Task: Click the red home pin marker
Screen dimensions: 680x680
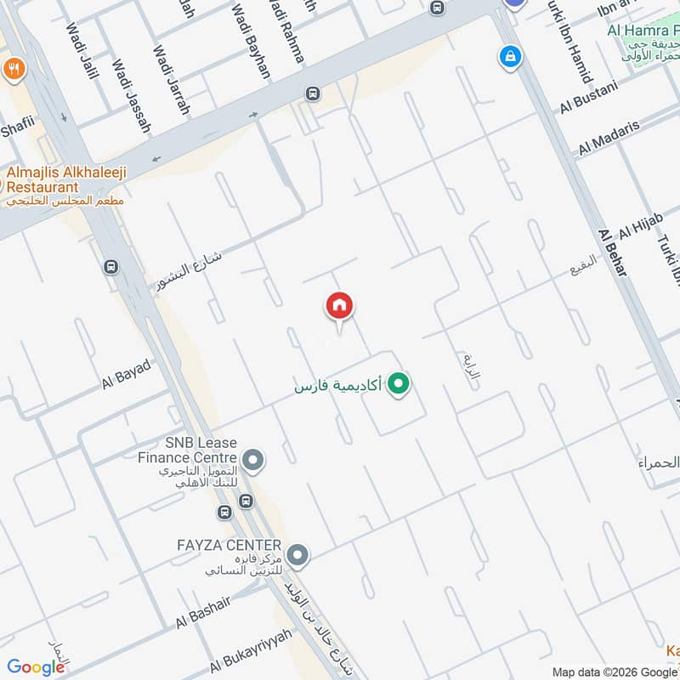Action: (x=340, y=306)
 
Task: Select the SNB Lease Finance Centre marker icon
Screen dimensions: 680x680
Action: (x=252, y=461)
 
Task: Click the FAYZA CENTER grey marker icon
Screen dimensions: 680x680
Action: (x=297, y=557)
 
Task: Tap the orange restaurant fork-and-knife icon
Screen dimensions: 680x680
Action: (x=13, y=68)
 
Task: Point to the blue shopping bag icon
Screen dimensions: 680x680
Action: (x=509, y=57)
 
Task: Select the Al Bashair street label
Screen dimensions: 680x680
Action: (x=205, y=612)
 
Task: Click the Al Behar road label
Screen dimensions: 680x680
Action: (x=612, y=252)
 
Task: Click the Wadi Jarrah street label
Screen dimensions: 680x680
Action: (x=171, y=81)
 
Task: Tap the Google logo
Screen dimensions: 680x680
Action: (x=36, y=667)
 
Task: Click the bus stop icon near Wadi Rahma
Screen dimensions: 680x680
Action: (x=314, y=93)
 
